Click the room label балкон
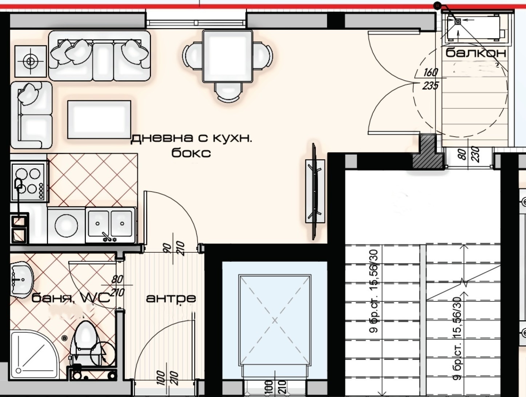[x=476, y=53]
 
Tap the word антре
[x=171, y=298]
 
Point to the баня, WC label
[x=71, y=298]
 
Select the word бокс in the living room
[x=191, y=153]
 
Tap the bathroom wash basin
[x=21, y=279]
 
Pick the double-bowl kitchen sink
[x=110, y=225]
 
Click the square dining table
[x=228, y=56]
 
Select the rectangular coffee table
[x=99, y=120]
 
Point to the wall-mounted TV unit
[x=315, y=191]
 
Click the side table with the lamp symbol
[x=31, y=61]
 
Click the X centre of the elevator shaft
[x=275, y=320]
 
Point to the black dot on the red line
[x=438, y=5]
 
